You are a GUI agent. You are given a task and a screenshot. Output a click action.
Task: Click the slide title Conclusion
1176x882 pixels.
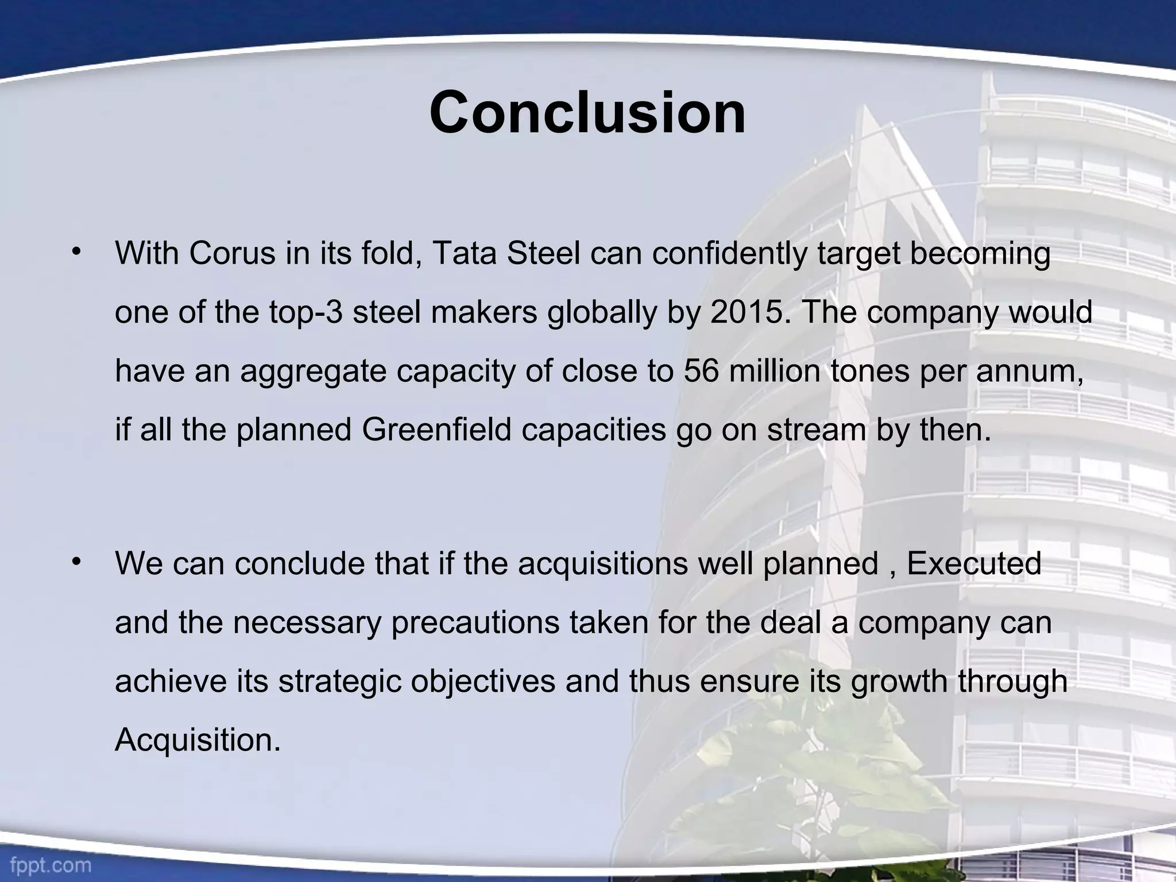click(587, 113)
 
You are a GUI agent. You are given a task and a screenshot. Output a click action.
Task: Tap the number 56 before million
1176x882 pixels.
click(701, 371)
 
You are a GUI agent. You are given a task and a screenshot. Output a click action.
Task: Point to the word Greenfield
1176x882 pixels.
click(436, 430)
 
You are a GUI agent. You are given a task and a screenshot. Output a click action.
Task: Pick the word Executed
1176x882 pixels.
click(974, 564)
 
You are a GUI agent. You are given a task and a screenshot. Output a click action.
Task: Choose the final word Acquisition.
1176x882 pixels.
click(198, 740)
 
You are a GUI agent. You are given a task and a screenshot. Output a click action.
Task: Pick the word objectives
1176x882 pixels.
click(483, 682)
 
